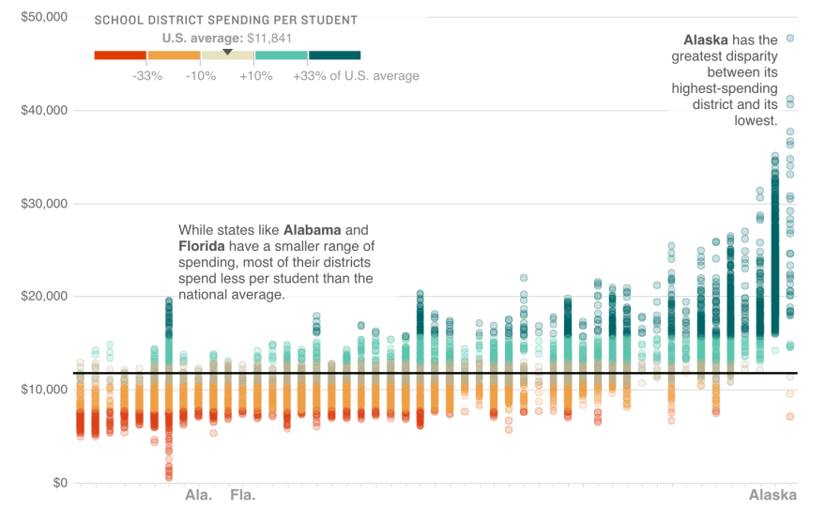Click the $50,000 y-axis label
pyautogui.click(x=44, y=18)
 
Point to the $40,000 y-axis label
pyautogui.click(x=44, y=111)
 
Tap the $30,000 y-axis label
pyautogui.click(x=44, y=204)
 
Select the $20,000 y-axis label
pyautogui.click(x=44, y=297)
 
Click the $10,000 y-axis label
pyautogui.click(x=44, y=390)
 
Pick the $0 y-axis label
pyautogui.click(x=58, y=483)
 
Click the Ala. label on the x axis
pyautogui.click(x=198, y=495)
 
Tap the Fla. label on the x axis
pyautogui.click(x=243, y=495)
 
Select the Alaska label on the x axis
pyautogui.click(x=772, y=495)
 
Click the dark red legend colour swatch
pyautogui.click(x=120, y=55)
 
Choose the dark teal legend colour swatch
pyautogui.click(x=334, y=55)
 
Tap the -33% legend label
pyautogui.click(x=147, y=76)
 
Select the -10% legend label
pyautogui.click(x=201, y=76)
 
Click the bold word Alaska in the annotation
pyautogui.click(x=706, y=40)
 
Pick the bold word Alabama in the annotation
pyautogui.click(x=314, y=230)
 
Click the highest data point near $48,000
pyautogui.click(x=790, y=39)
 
